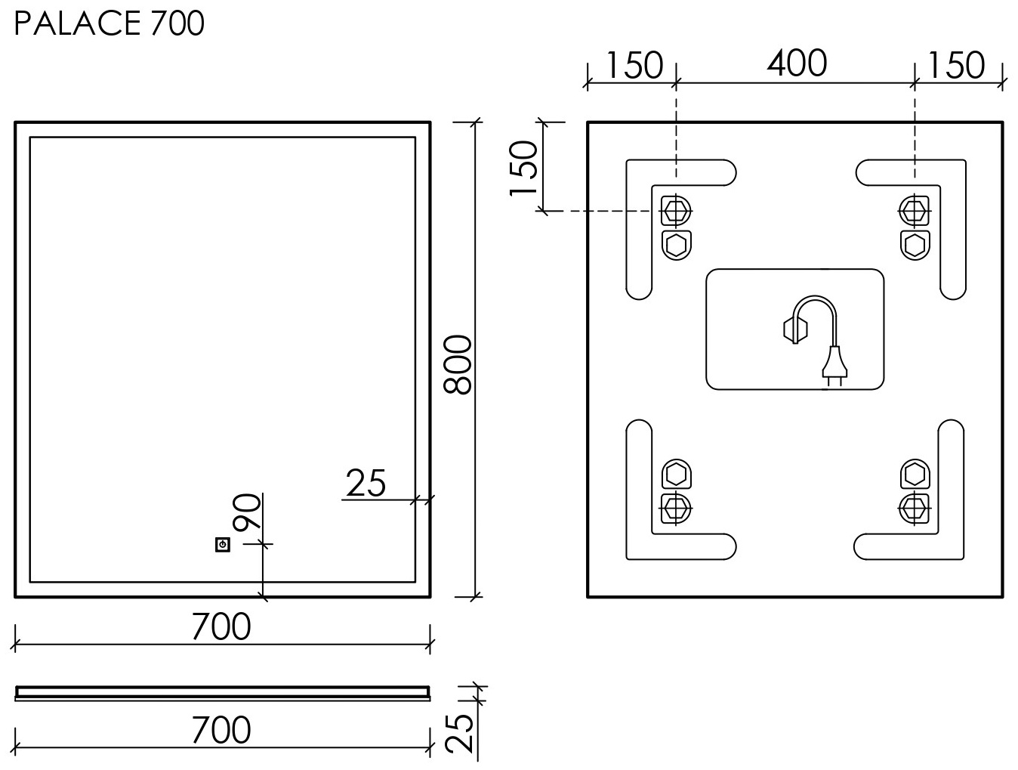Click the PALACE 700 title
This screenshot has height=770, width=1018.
tap(109, 23)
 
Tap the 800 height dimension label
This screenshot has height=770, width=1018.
tap(458, 364)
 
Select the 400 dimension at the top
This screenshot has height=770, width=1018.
tap(797, 63)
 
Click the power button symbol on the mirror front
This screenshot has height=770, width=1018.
tap(223, 545)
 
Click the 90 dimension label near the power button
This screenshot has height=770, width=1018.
tap(247, 512)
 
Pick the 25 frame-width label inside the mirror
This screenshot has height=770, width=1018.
tap(366, 483)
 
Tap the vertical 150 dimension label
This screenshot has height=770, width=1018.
tap(523, 169)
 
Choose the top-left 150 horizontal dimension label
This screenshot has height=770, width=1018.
tap(634, 65)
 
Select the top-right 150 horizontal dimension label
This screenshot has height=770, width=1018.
tap(956, 65)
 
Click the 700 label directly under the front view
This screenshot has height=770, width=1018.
tap(221, 626)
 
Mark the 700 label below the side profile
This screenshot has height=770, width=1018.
tap(221, 730)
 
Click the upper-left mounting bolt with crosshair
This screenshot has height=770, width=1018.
tap(676, 211)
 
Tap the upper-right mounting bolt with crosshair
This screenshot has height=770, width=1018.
tap(915, 211)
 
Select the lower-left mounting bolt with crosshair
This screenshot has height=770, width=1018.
tap(676, 509)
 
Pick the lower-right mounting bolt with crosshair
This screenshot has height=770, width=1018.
tap(915, 509)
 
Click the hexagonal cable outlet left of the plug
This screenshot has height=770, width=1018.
tap(795, 330)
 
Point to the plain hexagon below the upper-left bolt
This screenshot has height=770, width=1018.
tap(676, 245)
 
